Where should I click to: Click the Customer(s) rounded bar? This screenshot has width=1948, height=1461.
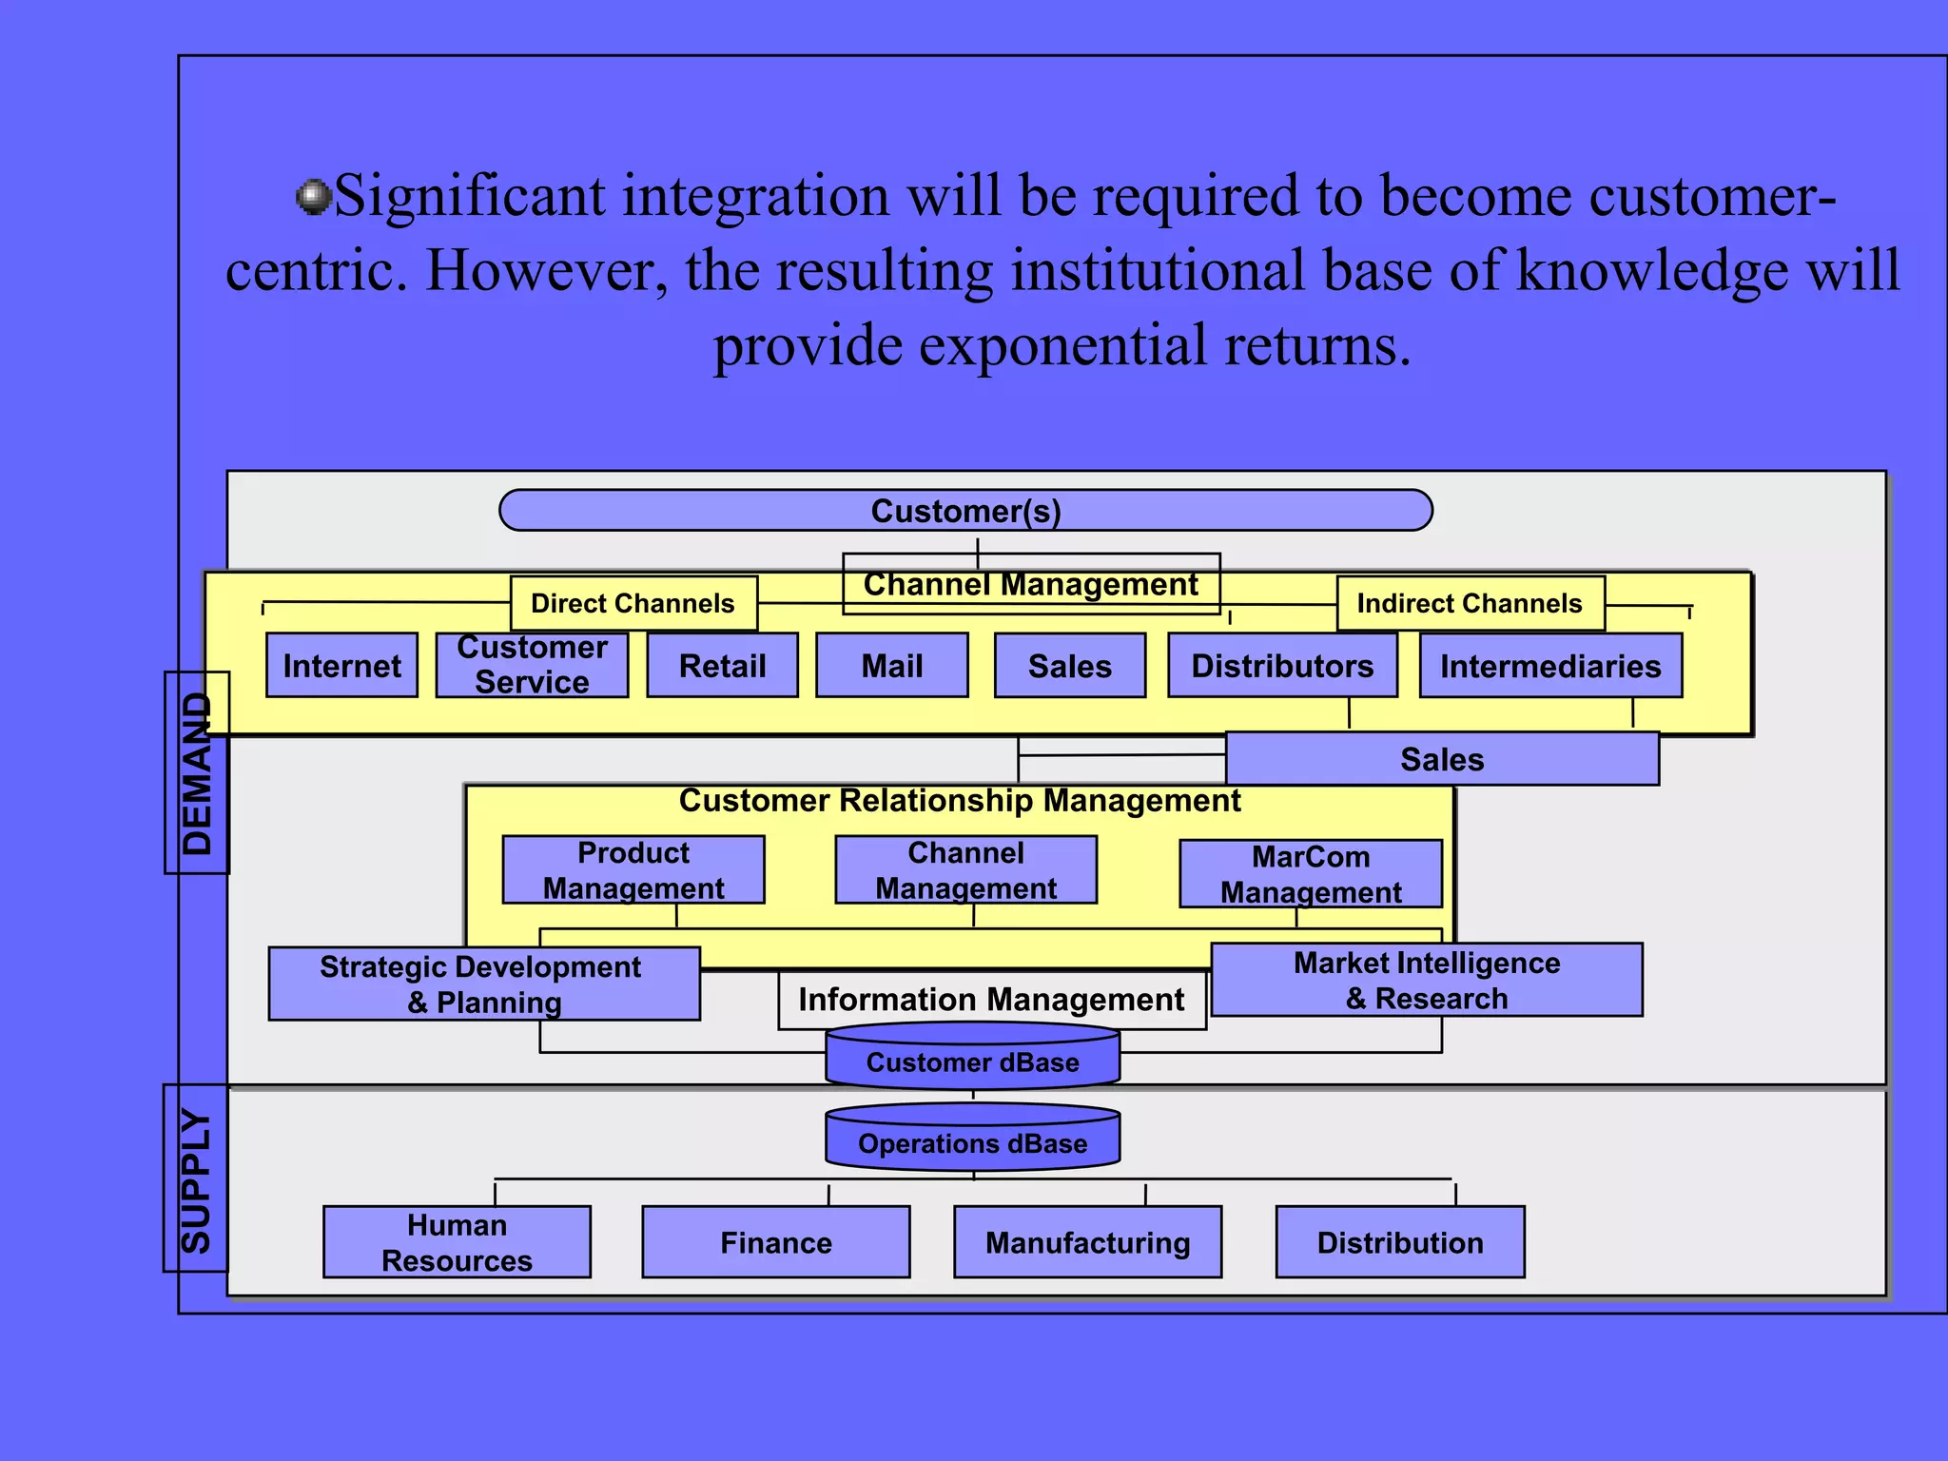(x=965, y=511)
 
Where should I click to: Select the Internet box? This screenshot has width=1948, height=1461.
(x=341, y=665)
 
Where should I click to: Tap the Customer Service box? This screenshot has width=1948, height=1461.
(x=532, y=665)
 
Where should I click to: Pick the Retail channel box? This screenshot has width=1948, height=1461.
(x=722, y=665)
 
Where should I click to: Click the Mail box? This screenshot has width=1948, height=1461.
(x=891, y=665)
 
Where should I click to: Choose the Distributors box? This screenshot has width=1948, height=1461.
(x=1282, y=665)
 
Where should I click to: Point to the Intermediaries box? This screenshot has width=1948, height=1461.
(x=1550, y=665)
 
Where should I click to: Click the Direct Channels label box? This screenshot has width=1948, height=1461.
(x=633, y=603)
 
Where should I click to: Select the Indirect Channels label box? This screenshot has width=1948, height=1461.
(x=1471, y=603)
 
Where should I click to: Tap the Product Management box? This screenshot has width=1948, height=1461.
(x=633, y=869)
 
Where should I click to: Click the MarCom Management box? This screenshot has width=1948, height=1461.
(x=1311, y=873)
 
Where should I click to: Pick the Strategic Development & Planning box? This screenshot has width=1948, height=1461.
(x=484, y=984)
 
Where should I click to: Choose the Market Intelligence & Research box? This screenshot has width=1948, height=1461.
(x=1427, y=980)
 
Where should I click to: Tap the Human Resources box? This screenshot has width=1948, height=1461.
(x=457, y=1242)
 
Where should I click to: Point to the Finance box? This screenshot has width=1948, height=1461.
(x=776, y=1242)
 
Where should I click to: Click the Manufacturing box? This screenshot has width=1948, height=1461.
(x=1087, y=1242)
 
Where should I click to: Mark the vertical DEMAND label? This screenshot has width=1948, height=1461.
(x=197, y=772)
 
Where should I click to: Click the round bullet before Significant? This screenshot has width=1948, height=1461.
(x=312, y=197)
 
